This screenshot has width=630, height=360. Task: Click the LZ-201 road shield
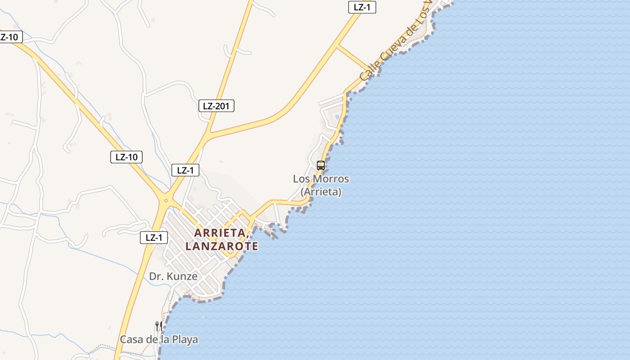pos(216,106)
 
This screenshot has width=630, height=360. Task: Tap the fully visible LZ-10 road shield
pos(126,157)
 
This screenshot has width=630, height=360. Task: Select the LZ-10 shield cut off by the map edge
pos(9,37)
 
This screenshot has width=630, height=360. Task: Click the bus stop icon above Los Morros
pos(320,165)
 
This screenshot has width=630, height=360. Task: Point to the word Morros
pos(331,179)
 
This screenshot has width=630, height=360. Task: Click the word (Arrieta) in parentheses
pos(321,192)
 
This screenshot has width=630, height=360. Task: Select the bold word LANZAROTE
pos(222,246)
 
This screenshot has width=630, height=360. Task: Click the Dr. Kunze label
pos(173,276)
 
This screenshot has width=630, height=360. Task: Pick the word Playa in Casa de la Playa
pos(184,339)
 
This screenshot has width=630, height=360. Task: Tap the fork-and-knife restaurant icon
pos(158,326)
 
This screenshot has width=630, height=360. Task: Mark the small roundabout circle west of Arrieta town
pos(166,200)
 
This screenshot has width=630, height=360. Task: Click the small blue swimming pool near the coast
pos(337,117)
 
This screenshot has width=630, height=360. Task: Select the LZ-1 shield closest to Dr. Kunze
pos(154,238)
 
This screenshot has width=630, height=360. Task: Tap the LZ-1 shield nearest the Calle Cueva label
pos(362,7)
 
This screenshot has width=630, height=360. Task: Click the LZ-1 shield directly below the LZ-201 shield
pos(185,170)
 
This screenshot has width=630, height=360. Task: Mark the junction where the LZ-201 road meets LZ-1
pos(207,134)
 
